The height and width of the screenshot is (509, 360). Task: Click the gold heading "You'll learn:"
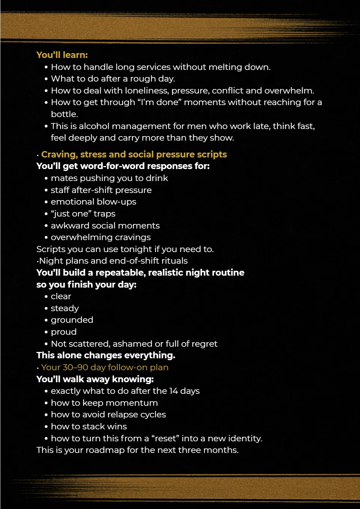pyautogui.click(x=62, y=55)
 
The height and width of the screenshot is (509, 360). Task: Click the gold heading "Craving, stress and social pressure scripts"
pyautogui.click(x=134, y=154)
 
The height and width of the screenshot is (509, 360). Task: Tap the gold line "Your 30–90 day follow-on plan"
pyautogui.click(x=105, y=367)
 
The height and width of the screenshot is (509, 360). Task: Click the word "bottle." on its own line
pyautogui.click(x=64, y=114)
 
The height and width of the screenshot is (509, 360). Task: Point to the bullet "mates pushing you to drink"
pyautogui.click(x=109, y=178)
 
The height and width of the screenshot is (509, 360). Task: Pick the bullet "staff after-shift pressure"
pyautogui.click(x=101, y=190)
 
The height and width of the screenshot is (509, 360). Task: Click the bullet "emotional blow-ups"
pyautogui.click(x=94, y=202)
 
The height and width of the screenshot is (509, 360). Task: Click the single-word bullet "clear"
pyautogui.click(x=61, y=296)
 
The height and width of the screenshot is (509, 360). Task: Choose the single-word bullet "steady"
pyautogui.click(x=65, y=308)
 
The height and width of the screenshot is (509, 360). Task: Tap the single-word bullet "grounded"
pyautogui.click(x=72, y=320)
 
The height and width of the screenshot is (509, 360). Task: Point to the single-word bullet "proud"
pyautogui.click(x=64, y=332)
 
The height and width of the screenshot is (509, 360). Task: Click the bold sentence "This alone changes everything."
pyautogui.click(x=106, y=355)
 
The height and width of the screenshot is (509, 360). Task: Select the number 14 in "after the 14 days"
pyautogui.click(x=173, y=391)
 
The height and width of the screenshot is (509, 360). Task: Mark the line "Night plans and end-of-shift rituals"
pyautogui.click(x=113, y=261)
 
